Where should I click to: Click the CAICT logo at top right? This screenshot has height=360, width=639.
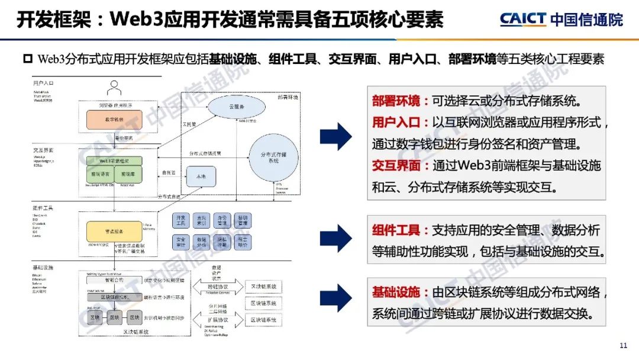pos(561,19)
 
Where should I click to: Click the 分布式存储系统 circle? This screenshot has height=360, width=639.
pos(273,157)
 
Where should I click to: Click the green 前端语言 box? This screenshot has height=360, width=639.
pos(98,175)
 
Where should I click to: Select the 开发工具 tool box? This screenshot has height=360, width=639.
pos(182,220)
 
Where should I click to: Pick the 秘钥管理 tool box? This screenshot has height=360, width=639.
pos(242,220)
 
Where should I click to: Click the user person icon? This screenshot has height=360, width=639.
pos(114,88)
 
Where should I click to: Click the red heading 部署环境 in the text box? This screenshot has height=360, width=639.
pos(395,101)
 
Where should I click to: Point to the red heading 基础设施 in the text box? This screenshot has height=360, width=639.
pos(395,292)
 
